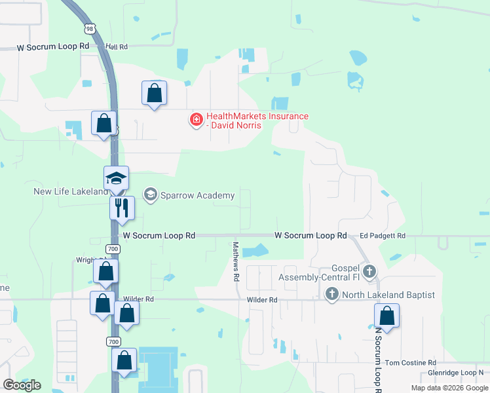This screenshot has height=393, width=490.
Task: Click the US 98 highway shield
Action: (90, 29)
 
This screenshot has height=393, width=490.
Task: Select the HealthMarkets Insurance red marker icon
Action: (196, 120)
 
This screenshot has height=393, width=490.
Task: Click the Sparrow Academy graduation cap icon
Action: (150, 195)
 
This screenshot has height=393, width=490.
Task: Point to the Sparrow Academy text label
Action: (188, 195)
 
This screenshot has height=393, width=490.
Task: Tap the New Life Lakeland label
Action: (70, 191)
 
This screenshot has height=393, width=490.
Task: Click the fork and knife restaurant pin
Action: (122, 207)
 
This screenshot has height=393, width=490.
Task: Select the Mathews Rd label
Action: (236, 261)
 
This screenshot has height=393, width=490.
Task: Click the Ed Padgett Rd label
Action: (383, 236)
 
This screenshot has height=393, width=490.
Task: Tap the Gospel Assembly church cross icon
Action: (369, 271)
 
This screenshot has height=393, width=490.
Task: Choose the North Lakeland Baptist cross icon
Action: (332, 294)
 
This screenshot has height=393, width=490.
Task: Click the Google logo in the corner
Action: (22, 385)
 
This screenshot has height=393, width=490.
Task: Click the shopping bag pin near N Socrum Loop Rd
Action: (387, 316)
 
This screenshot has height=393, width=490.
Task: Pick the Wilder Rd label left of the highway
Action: (140, 299)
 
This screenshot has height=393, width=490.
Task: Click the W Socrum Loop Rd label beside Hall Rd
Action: (53, 47)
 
